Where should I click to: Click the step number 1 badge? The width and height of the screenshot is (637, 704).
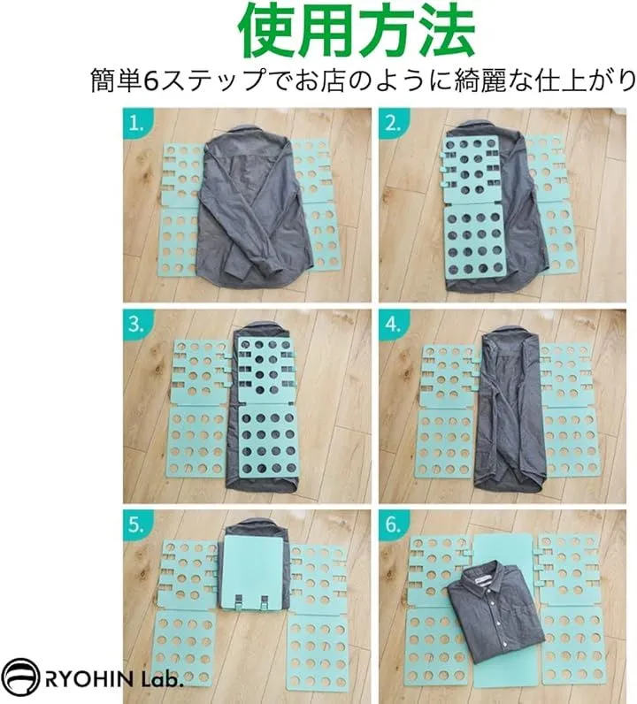pos(135,123)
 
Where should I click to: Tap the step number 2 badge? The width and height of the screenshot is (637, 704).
pos(392,123)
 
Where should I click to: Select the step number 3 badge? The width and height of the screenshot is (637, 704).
pos(135,324)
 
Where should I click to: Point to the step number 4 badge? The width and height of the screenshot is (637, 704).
pos(392,324)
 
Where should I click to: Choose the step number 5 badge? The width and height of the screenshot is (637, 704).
pos(135,524)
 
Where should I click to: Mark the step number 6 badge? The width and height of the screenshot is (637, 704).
pos(392,524)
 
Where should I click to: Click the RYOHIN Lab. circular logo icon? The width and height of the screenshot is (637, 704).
pos(21,680)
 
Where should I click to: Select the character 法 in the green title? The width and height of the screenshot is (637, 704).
pos(445,30)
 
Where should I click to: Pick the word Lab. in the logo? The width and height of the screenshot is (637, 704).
pos(161,679)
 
